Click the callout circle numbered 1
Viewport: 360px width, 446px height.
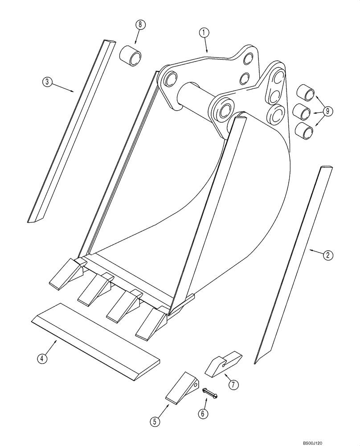point(204,32)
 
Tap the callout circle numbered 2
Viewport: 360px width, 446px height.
point(327,255)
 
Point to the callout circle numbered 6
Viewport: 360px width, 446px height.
point(203,414)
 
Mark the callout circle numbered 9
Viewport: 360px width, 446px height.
point(327,111)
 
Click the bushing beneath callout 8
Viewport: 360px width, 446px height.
point(130,54)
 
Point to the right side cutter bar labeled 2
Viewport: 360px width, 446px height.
point(294,263)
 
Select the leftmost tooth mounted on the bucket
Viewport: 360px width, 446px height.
point(65,273)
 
